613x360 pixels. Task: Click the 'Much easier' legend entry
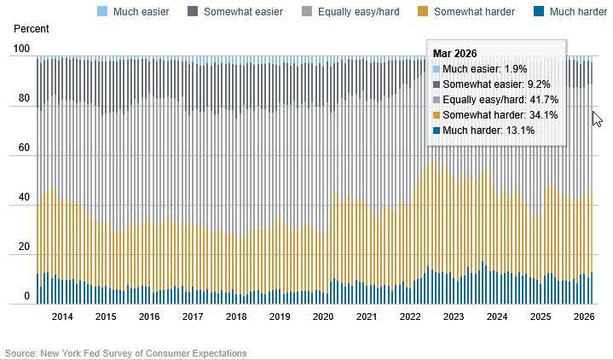coord(141,12)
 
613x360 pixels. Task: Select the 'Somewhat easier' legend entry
coord(242,12)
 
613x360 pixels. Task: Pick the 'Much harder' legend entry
coord(578,12)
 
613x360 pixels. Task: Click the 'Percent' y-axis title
coord(32,29)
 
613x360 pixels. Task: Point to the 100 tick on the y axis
coord(22,49)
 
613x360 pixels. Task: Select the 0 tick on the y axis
coord(27,297)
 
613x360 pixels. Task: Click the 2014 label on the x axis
coord(62,316)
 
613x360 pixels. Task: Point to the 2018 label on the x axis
coord(236,316)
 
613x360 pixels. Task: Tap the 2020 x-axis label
coord(323,316)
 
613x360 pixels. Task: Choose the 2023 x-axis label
coord(454,316)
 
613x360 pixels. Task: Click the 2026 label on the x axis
coord(584,316)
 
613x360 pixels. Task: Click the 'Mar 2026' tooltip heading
coord(454,54)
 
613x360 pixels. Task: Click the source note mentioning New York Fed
coord(126,353)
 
